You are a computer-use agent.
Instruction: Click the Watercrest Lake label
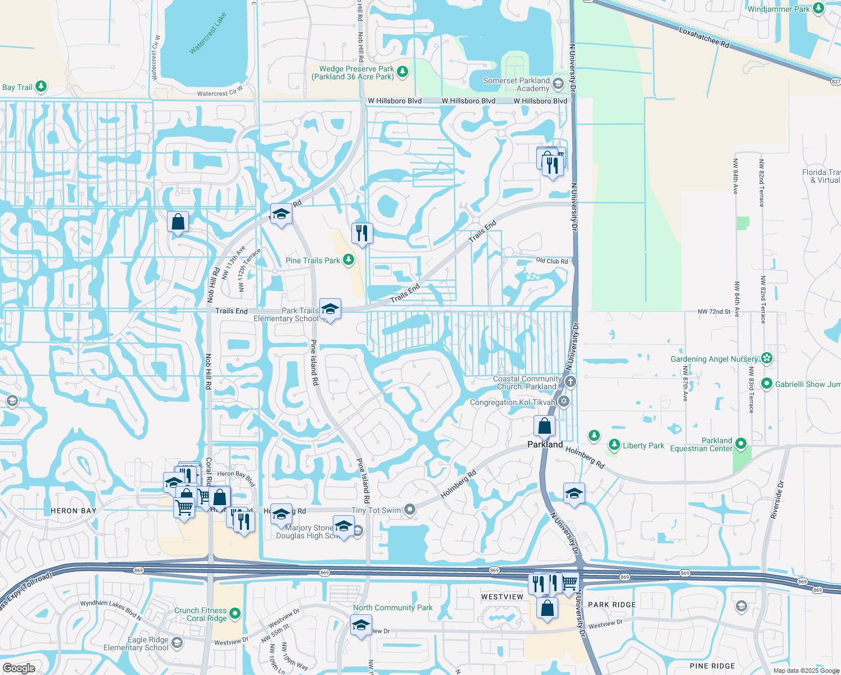[x=208, y=34]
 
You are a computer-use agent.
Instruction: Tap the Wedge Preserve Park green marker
[x=402, y=71]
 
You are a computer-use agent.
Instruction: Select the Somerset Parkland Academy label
[x=516, y=84]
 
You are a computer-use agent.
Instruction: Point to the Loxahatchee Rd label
[x=704, y=37]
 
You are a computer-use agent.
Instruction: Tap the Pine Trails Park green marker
[x=349, y=260]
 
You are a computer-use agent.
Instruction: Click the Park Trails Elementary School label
[x=286, y=314]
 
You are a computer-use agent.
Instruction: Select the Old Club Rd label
[x=551, y=261]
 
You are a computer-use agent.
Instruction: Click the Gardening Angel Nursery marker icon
[x=767, y=358]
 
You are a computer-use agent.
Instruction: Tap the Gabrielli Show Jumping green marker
[x=766, y=384]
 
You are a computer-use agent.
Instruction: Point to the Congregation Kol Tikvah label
[x=512, y=403]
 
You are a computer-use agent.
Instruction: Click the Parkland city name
[x=545, y=444]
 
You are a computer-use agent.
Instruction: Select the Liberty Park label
[x=643, y=445]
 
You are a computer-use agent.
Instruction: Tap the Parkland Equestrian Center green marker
[x=740, y=444]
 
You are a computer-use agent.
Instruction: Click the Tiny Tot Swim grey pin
[x=410, y=510]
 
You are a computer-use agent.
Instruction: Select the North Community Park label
[x=392, y=607]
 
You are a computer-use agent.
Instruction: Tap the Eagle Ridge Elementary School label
[x=136, y=643]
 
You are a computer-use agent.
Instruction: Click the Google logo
[x=19, y=668]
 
